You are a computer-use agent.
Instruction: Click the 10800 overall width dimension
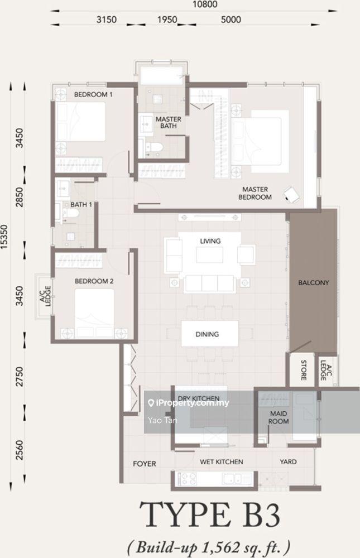pyautogui.click(x=204, y=4)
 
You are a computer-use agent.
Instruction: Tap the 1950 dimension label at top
pyautogui.click(x=167, y=19)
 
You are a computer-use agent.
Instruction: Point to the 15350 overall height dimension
pyautogui.click(x=4, y=237)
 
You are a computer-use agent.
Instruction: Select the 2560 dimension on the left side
pyautogui.click(x=19, y=450)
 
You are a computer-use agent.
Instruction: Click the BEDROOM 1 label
pyautogui.click(x=93, y=95)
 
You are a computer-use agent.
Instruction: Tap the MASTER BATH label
pyautogui.click(x=169, y=122)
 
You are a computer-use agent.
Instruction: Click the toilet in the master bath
pyautogui.click(x=155, y=147)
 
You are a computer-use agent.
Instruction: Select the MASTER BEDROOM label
pyautogui.click(x=255, y=193)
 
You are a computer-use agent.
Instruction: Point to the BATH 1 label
pyautogui.click(x=81, y=205)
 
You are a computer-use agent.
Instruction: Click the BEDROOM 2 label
pyautogui.click(x=94, y=281)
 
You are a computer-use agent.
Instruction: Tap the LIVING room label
pyautogui.click(x=210, y=241)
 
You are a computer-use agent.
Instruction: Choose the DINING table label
pyautogui.click(x=207, y=334)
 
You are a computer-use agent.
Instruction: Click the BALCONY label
pyautogui.click(x=313, y=283)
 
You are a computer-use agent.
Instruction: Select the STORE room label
pyautogui.click(x=304, y=370)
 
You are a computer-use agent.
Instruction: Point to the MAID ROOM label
pyautogui.click(x=279, y=417)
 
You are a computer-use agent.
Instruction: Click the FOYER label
pyautogui.click(x=145, y=464)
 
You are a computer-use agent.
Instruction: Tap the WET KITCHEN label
pyautogui.click(x=222, y=462)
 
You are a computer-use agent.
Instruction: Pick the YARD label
pyautogui.click(x=288, y=462)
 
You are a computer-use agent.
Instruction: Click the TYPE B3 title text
pyautogui.click(x=210, y=514)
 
